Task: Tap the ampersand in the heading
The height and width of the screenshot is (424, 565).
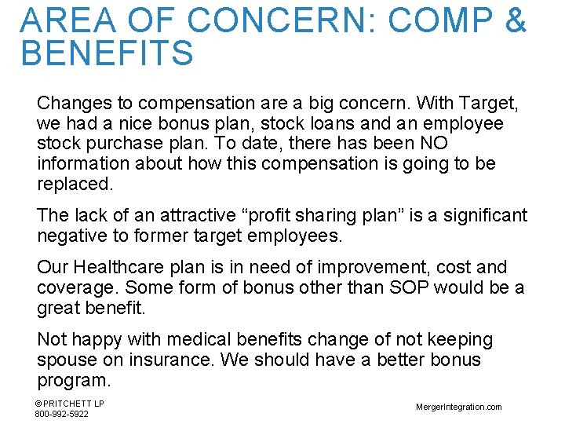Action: click(515, 20)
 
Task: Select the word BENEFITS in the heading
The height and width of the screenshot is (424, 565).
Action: click(108, 53)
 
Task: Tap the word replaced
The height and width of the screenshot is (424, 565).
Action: click(75, 185)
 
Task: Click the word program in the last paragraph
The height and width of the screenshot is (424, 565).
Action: click(74, 380)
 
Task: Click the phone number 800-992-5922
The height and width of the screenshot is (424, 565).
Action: click(61, 414)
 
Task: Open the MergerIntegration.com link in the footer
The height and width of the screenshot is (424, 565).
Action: click(459, 407)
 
